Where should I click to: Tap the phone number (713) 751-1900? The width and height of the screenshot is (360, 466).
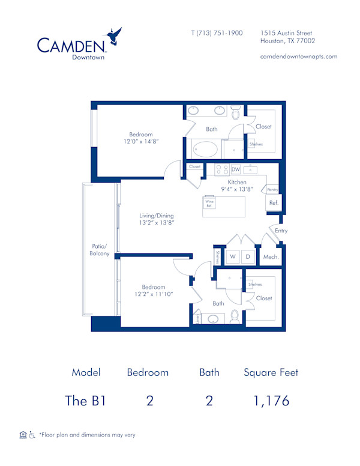tap(217, 33)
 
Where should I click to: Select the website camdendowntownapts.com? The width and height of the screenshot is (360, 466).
tap(299, 56)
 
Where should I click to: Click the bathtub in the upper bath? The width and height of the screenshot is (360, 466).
tap(205, 148)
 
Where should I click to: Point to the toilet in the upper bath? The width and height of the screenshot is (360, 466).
tap(236, 112)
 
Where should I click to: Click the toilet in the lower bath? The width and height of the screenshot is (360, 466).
tap(235, 316)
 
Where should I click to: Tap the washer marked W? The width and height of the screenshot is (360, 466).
tap(232, 257)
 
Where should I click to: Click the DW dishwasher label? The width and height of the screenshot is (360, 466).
tap(235, 170)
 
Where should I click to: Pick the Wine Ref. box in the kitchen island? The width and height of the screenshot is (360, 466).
tap(209, 202)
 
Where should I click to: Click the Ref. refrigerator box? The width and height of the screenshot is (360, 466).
tap(274, 203)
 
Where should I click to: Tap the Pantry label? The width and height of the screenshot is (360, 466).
tap(272, 189)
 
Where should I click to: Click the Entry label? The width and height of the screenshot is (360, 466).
tap(281, 231)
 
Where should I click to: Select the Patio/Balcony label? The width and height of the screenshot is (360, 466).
tap(100, 250)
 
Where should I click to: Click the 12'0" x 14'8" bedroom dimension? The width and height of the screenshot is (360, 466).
tap(141, 142)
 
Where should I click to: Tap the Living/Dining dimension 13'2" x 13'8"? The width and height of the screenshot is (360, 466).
tap(157, 223)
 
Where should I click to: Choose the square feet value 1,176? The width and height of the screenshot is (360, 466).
tap(271, 401)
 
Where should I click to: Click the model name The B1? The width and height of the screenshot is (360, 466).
tap(85, 401)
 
